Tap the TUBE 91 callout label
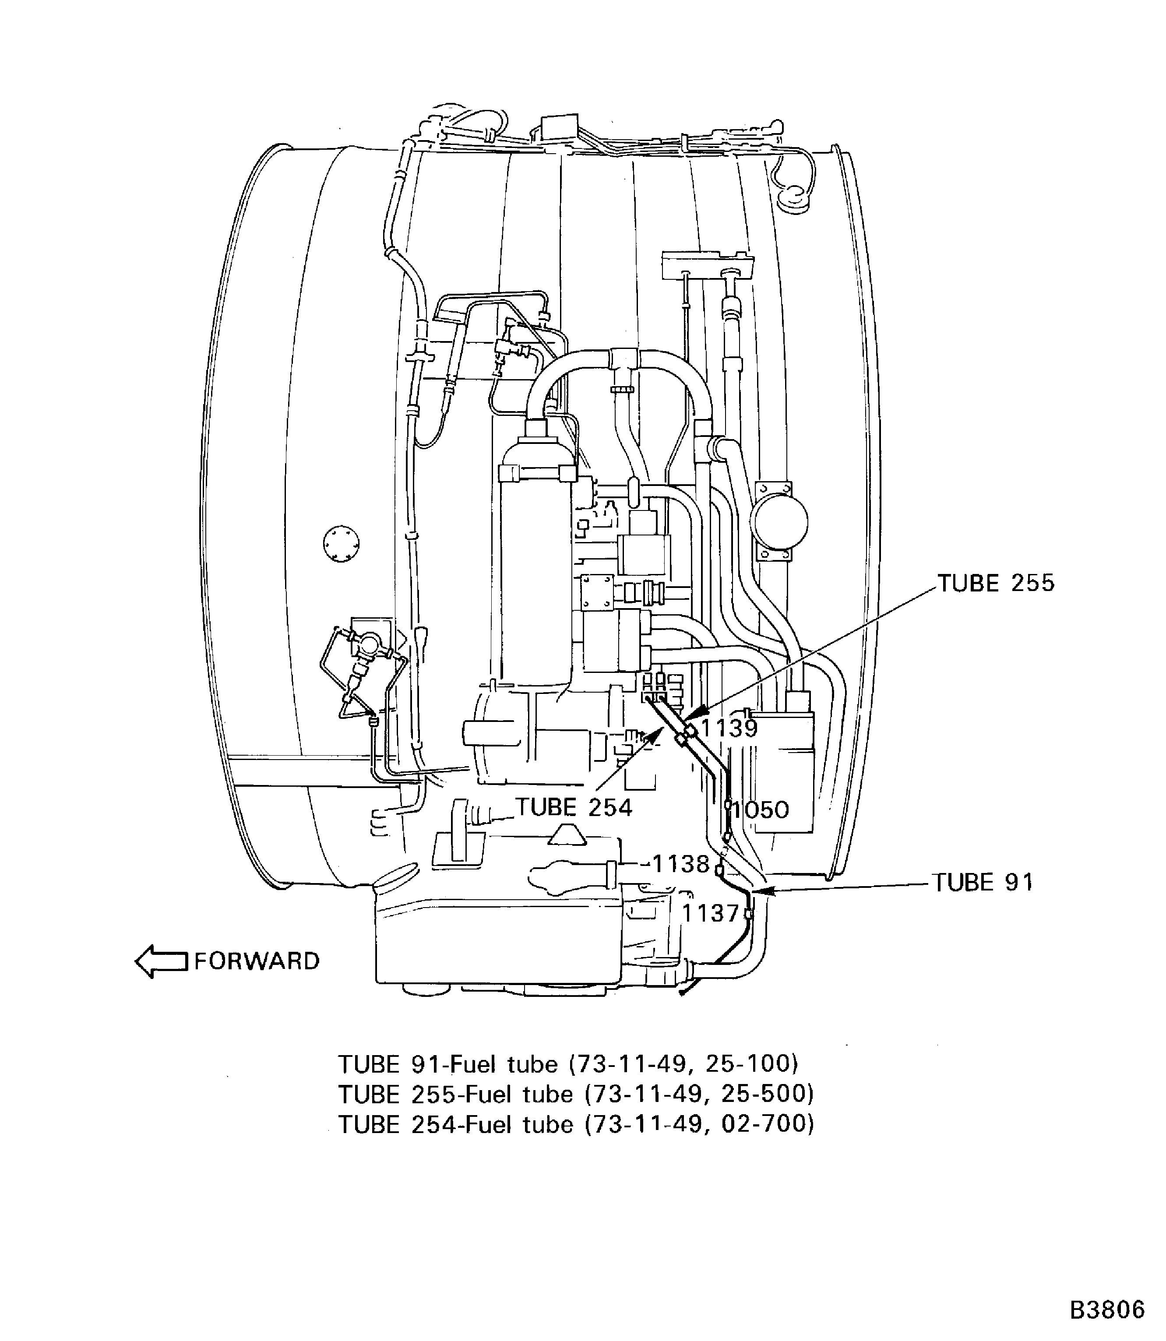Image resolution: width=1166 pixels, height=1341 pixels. [983, 883]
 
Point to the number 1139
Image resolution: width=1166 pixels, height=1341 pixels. [729, 728]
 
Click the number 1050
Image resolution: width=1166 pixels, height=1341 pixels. [760, 810]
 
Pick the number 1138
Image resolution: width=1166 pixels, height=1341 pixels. [680, 864]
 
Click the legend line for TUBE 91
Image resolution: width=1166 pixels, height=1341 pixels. [567, 1064]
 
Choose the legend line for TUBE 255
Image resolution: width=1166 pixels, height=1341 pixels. [576, 1095]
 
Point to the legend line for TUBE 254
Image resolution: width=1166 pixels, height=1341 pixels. [576, 1124]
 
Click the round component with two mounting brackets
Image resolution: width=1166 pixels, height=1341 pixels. [778, 521]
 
